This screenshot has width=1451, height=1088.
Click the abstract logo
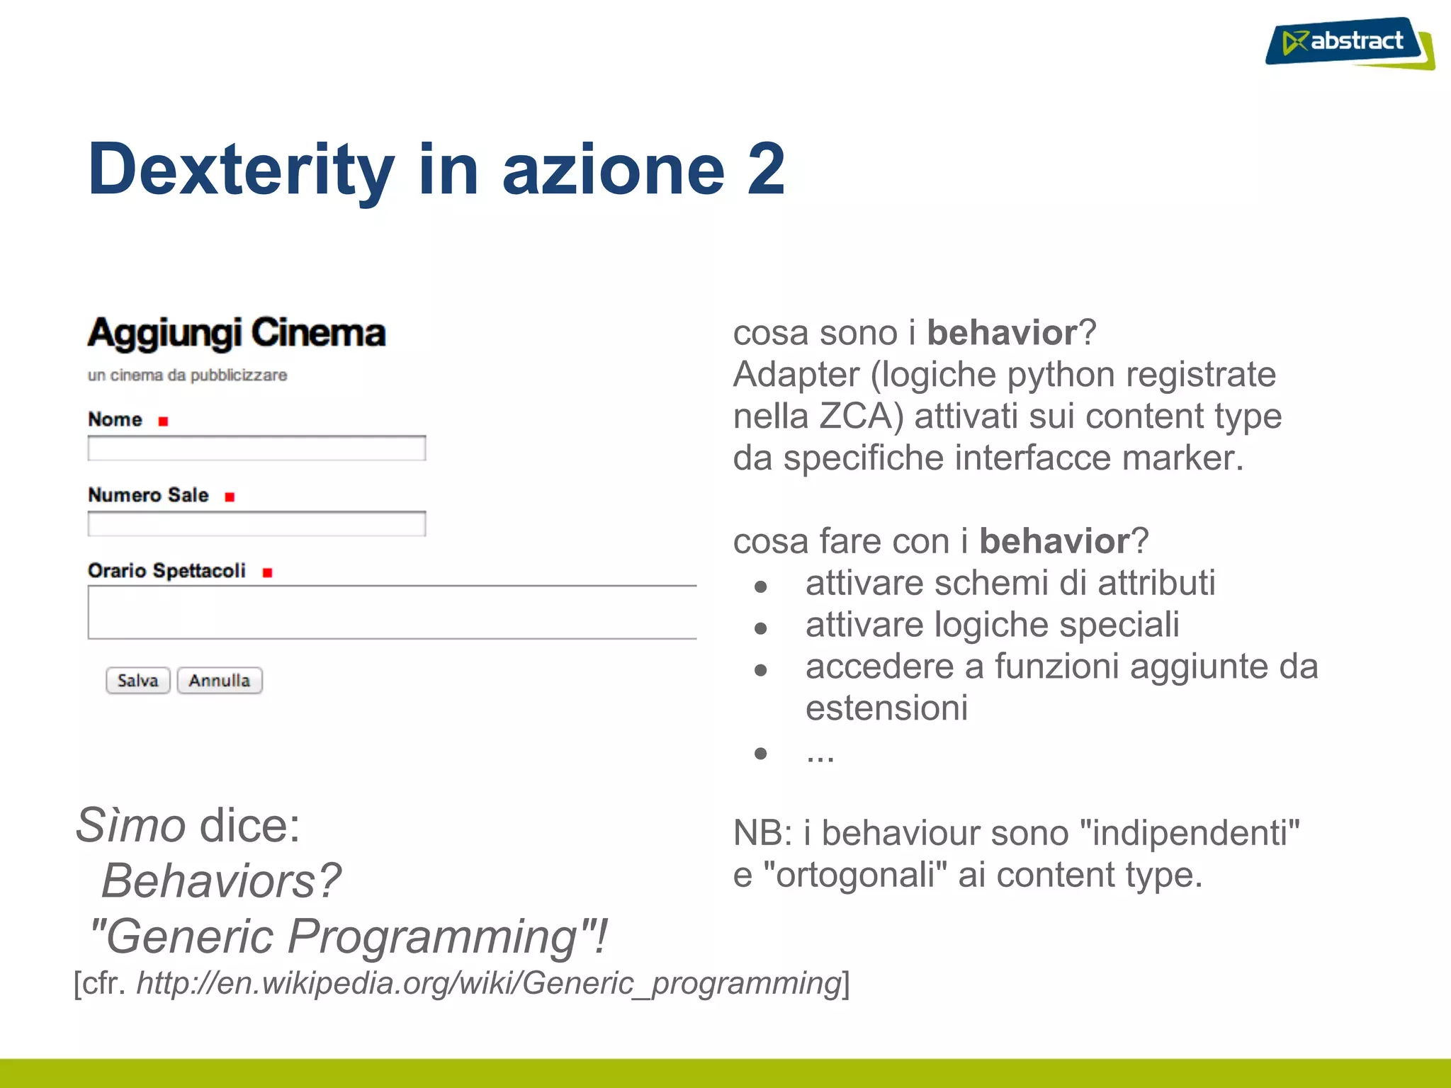(x=1348, y=42)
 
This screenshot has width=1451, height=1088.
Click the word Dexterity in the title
(x=240, y=170)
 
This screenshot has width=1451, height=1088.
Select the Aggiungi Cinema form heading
(x=237, y=333)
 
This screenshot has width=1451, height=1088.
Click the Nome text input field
(x=256, y=448)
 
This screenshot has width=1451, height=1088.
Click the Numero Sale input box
(x=256, y=524)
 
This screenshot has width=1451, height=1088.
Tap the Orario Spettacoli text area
(x=392, y=613)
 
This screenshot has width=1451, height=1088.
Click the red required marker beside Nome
(x=163, y=421)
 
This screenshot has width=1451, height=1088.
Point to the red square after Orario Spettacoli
(x=267, y=572)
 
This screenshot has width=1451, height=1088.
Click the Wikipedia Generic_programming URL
(x=489, y=983)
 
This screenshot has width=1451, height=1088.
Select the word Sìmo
(x=131, y=826)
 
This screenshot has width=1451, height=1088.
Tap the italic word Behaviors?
(x=221, y=881)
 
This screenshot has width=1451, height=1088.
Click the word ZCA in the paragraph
(x=861, y=416)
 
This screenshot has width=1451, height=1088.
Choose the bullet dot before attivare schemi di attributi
(x=761, y=586)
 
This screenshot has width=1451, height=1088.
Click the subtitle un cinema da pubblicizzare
(x=187, y=375)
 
